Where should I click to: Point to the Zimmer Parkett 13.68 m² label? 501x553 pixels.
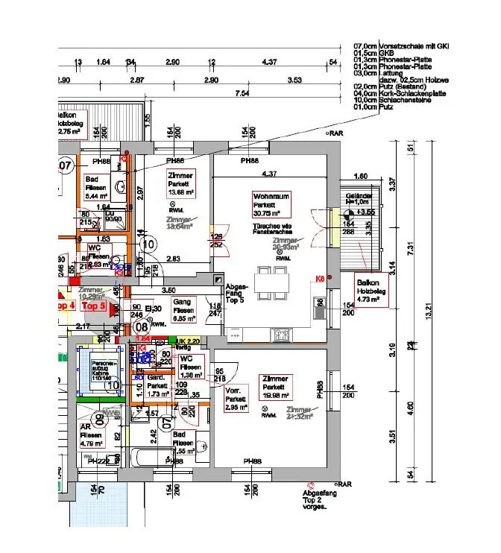tap(181, 183)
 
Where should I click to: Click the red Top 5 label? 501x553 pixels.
tap(94, 306)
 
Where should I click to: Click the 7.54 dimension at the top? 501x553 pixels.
tap(242, 93)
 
